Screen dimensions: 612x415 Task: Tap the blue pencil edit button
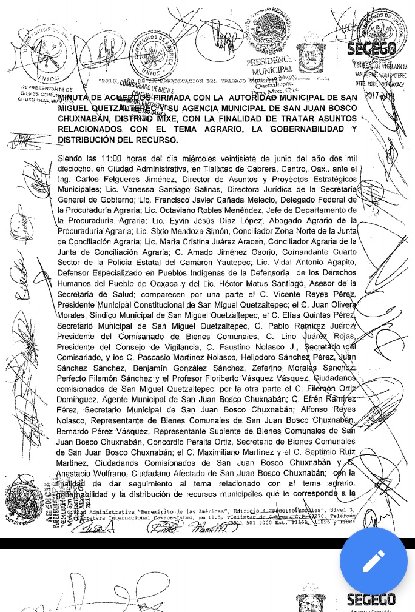(373, 561)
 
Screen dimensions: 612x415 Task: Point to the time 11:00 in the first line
(108, 159)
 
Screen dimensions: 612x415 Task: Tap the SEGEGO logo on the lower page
(371, 600)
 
